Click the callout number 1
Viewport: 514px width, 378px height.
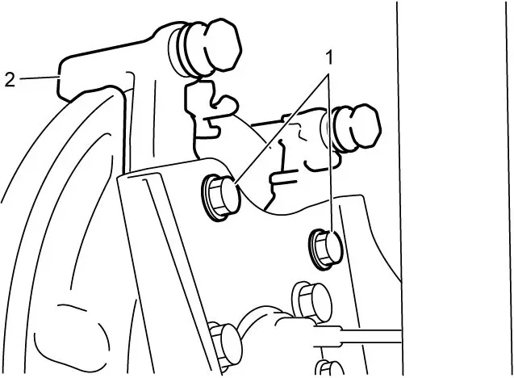[329, 58]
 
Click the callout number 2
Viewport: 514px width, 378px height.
[10, 79]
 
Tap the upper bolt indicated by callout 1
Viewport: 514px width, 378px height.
[220, 197]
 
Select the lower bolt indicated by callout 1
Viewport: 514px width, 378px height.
[326, 250]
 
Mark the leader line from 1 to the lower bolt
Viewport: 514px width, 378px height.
[331, 153]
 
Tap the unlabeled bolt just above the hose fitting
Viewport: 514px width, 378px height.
[311, 300]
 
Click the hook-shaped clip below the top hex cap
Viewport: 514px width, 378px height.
[211, 108]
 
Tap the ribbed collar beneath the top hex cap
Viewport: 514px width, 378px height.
[184, 50]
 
